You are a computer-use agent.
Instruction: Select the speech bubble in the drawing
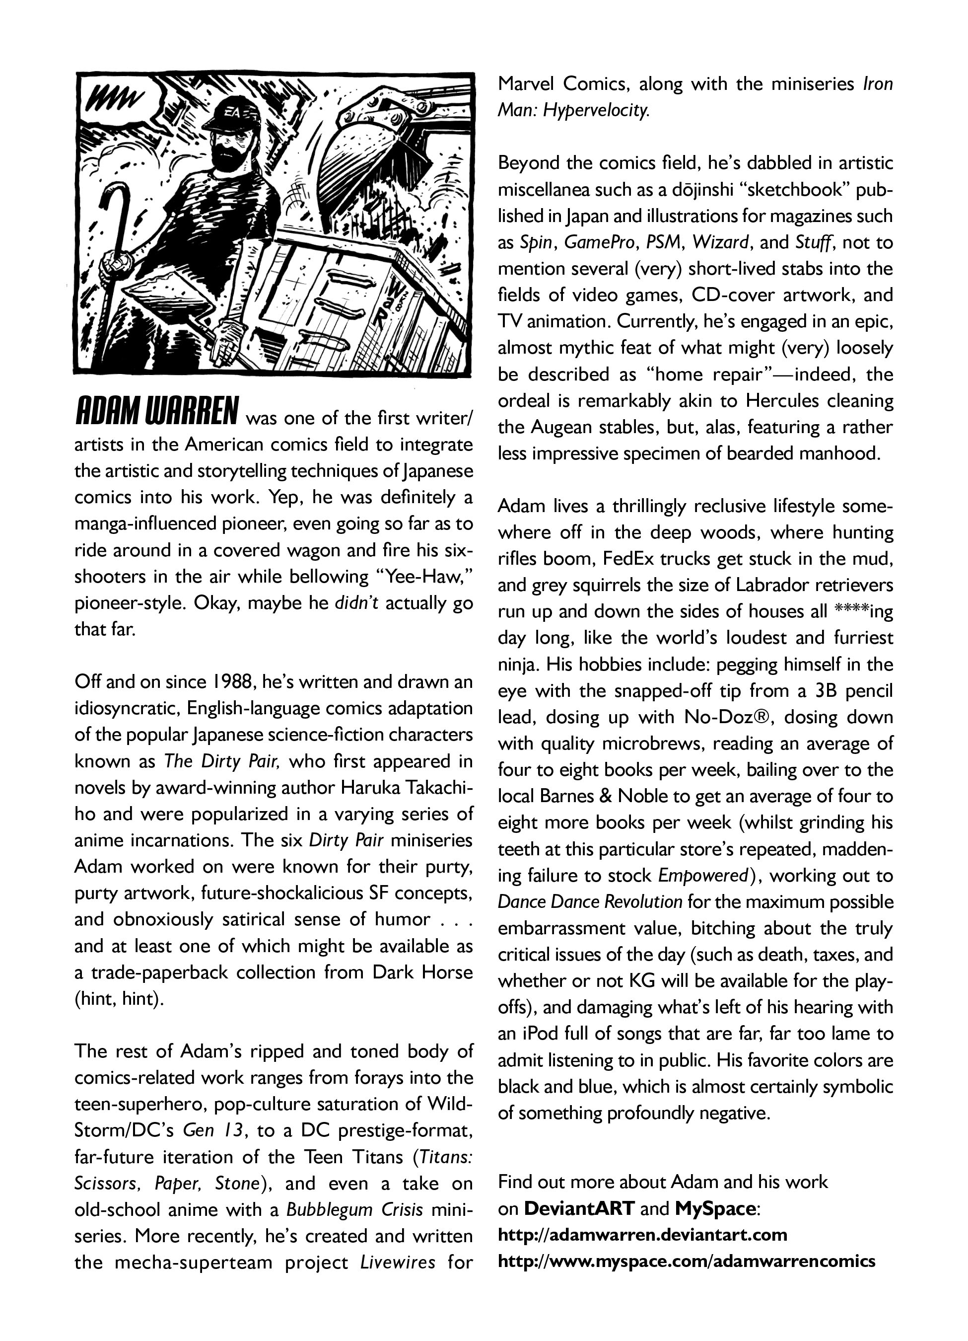coord(118,100)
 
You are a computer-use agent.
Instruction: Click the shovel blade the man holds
coord(168,296)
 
